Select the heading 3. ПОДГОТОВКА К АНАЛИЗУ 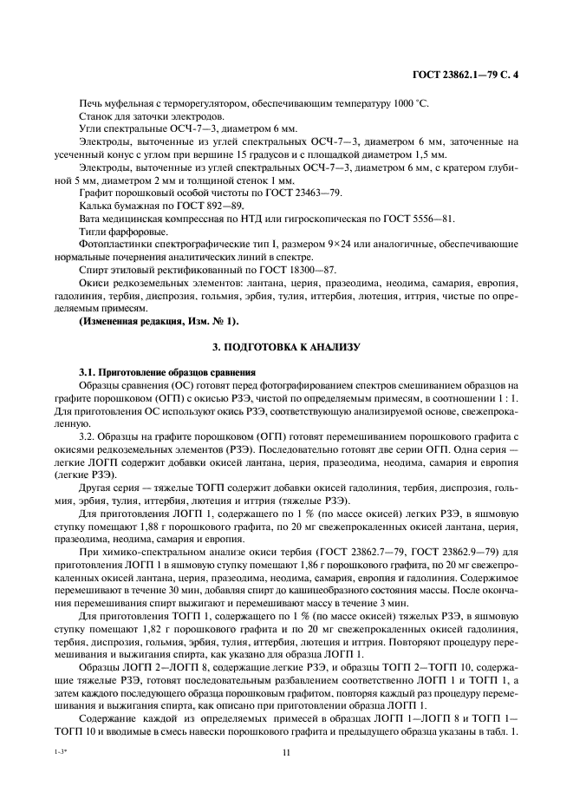[285, 348]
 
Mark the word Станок [94, 116]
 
